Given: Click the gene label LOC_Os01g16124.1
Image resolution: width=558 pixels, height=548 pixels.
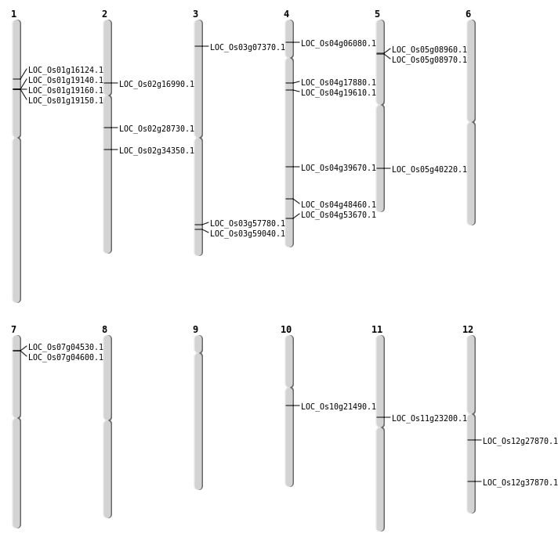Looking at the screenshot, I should pyautogui.click(x=66, y=70).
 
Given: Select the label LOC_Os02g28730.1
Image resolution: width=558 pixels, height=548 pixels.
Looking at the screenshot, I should pyautogui.click(x=157, y=129).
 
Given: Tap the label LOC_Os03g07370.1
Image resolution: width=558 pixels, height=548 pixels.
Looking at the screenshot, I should pyautogui.click(x=248, y=48).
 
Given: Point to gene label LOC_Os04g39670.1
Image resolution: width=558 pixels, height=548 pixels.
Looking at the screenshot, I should pyautogui.click(x=339, y=168).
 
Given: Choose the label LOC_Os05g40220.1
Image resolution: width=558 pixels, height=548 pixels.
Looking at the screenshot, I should pyautogui.click(x=429, y=170).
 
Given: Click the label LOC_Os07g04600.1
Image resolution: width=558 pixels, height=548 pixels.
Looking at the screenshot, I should pyautogui.click(x=66, y=358).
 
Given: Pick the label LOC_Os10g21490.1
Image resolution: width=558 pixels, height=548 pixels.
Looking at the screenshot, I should pyautogui.click(x=339, y=407).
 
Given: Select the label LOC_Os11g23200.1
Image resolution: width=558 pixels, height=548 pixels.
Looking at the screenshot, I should pyautogui.click(x=429, y=419).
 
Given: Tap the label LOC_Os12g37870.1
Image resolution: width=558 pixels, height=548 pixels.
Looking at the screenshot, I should pyautogui.click(x=520, y=483).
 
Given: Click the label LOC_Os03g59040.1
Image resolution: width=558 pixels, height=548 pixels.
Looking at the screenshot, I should pyautogui.click(x=248, y=234).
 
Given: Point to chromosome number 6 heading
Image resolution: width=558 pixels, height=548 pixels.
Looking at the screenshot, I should pyautogui.click(x=468, y=14).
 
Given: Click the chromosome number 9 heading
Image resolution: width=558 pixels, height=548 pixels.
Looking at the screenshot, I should pyautogui.click(x=195, y=330).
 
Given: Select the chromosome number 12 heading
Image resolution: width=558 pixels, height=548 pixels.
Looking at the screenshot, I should pyautogui.click(x=468, y=330).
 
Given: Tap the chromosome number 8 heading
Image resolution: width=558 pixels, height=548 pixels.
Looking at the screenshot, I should pyautogui.click(x=104, y=330).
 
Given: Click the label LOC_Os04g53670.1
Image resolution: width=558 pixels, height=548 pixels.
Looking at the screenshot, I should pyautogui.click(x=339, y=215).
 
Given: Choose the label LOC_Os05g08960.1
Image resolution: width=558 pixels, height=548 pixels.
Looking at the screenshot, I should pyautogui.click(x=429, y=50).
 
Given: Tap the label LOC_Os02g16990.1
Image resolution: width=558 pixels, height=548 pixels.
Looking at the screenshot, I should pyautogui.click(x=157, y=85).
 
